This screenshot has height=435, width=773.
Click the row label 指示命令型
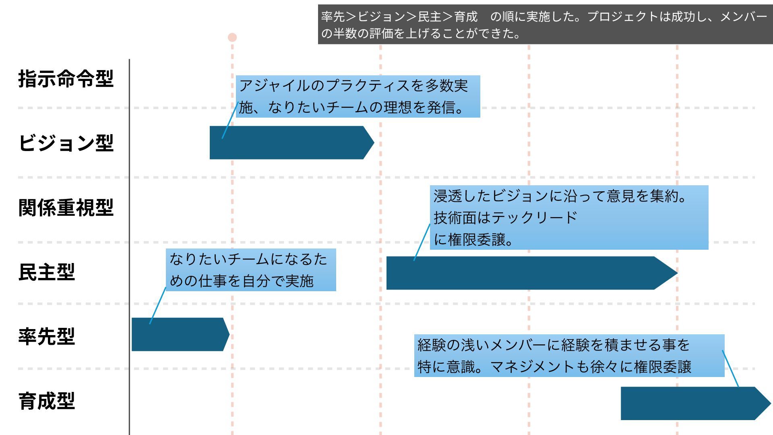[66, 79]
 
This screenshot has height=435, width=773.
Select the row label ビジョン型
[66, 143]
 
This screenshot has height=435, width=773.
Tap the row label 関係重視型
[66, 208]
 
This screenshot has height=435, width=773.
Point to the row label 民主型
[47, 272]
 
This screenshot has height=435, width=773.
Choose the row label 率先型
[47, 336]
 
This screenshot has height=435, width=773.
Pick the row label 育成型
[47, 401]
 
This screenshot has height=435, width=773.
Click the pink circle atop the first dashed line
[232, 37]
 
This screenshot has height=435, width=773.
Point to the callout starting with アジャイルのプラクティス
[358, 96]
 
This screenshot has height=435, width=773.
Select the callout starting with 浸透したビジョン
[569, 217]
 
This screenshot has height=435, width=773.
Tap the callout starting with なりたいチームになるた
[251, 270]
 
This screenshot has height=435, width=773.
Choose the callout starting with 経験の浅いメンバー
[569, 356]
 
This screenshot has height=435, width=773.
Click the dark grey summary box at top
[545, 24]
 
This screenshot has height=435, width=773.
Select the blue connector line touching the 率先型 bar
[157, 306]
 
